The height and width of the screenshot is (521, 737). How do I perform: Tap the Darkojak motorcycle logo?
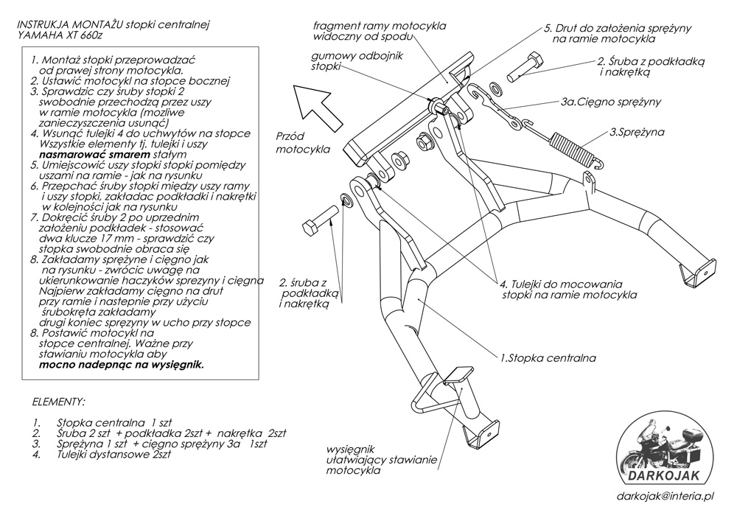click(661, 452)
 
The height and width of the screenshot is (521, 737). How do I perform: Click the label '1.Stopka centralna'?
click(548, 358)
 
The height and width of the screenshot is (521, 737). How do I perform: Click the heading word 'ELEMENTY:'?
click(59, 402)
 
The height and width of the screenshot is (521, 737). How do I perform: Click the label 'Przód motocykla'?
click(299, 143)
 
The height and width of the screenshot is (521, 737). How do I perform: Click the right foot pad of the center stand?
click(696, 270)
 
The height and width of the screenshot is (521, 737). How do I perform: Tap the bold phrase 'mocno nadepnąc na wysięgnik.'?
click(122, 364)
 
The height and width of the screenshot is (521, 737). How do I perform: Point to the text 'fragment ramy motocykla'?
click(379, 25)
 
